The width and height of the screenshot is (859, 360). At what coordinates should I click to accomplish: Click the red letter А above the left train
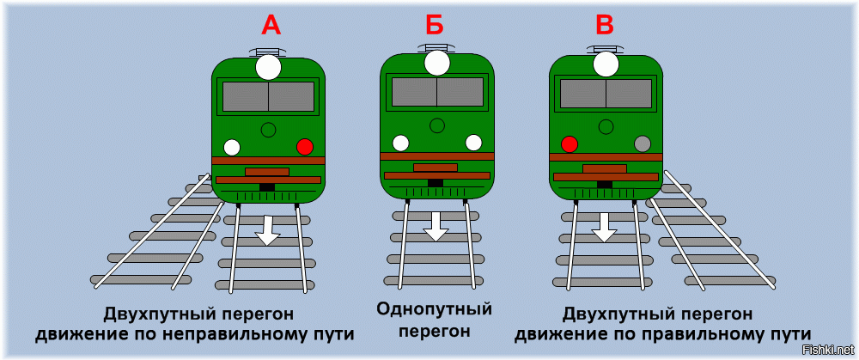pyautogui.click(x=271, y=26)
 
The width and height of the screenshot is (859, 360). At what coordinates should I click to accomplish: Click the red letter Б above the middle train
pyautogui.click(x=436, y=26)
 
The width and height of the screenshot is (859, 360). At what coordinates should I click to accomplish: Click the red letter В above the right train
pyautogui.click(x=605, y=26)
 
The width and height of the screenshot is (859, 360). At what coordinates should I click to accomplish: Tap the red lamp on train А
pyautogui.click(x=304, y=147)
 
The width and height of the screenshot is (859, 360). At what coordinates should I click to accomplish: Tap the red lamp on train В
pyautogui.click(x=569, y=143)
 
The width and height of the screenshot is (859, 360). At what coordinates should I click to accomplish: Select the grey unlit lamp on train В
pyautogui.click(x=642, y=143)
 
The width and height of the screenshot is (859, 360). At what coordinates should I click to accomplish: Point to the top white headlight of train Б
pyautogui.click(x=437, y=63)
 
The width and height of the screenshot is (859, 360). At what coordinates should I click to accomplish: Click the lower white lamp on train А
pyautogui.click(x=232, y=147)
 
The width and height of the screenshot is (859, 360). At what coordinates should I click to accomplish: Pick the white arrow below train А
pyautogui.click(x=268, y=229)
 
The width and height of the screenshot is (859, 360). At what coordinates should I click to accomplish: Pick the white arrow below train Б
pyautogui.click(x=436, y=226)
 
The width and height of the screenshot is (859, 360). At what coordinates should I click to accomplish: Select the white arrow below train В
pyautogui.click(x=605, y=226)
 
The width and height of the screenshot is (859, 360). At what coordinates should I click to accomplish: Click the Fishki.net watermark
pyautogui.click(x=822, y=349)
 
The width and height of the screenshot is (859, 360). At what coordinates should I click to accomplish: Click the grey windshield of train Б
pyautogui.click(x=437, y=92)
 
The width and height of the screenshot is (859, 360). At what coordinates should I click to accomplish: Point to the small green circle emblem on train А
pyautogui.click(x=268, y=130)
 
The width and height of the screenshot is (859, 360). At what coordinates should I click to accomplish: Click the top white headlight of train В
pyautogui.click(x=606, y=64)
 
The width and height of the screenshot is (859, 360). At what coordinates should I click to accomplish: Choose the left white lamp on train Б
pyautogui.click(x=400, y=143)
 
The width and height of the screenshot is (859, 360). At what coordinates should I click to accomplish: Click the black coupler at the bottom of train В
pyautogui.click(x=605, y=184)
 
